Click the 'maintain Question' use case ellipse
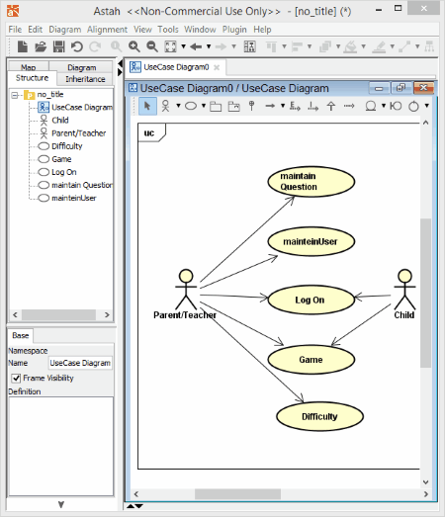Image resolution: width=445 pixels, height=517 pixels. (311, 182)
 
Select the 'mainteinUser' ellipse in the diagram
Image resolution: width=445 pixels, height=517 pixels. (311, 241)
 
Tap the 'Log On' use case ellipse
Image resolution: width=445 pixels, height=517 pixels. (311, 300)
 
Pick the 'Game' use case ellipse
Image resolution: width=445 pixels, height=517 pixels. (311, 360)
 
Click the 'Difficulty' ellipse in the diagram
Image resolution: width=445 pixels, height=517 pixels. (319, 416)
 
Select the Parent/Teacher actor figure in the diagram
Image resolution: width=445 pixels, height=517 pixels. (186, 290)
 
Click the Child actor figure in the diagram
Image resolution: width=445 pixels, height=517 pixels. (404, 290)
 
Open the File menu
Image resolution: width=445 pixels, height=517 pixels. (15, 30)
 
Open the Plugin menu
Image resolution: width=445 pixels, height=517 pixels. (234, 30)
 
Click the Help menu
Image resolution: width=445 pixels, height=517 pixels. (262, 30)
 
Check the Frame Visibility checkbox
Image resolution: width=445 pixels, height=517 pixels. (16, 378)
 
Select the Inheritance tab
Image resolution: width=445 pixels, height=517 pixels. (85, 79)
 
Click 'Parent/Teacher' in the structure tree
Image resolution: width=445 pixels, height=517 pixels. (78, 133)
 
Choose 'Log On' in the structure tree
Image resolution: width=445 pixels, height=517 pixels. (64, 172)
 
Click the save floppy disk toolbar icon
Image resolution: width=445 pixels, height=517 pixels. (58, 46)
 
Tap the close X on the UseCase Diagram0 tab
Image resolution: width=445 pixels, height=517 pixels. (217, 67)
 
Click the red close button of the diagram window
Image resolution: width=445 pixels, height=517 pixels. (423, 88)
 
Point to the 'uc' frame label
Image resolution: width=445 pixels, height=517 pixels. (149, 132)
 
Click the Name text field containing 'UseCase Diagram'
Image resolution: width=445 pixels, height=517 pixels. (80, 363)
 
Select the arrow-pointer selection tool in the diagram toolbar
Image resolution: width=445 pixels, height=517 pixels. (147, 106)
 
